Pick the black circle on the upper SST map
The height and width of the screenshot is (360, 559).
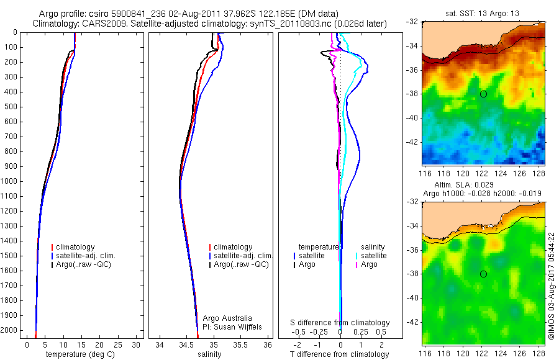(x=483, y=94)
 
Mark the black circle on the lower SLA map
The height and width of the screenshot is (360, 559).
(x=483, y=274)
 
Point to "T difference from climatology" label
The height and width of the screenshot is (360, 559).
(x=340, y=354)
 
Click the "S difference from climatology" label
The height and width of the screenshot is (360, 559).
(x=340, y=323)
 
